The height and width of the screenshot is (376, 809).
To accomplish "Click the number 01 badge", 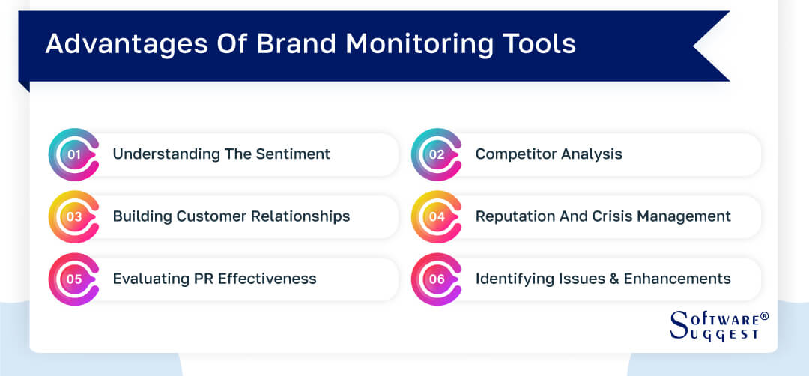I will click(73, 154).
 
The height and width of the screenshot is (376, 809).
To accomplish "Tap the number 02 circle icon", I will click(437, 154).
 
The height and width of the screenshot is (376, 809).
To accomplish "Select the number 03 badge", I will click(73, 216).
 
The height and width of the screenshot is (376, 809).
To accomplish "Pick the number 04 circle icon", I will click(437, 216).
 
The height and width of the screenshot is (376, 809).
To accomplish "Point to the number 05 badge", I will click(73, 279).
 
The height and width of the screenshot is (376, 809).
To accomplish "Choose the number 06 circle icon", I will click(437, 279).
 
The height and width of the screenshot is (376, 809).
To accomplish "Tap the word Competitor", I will click(514, 154).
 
